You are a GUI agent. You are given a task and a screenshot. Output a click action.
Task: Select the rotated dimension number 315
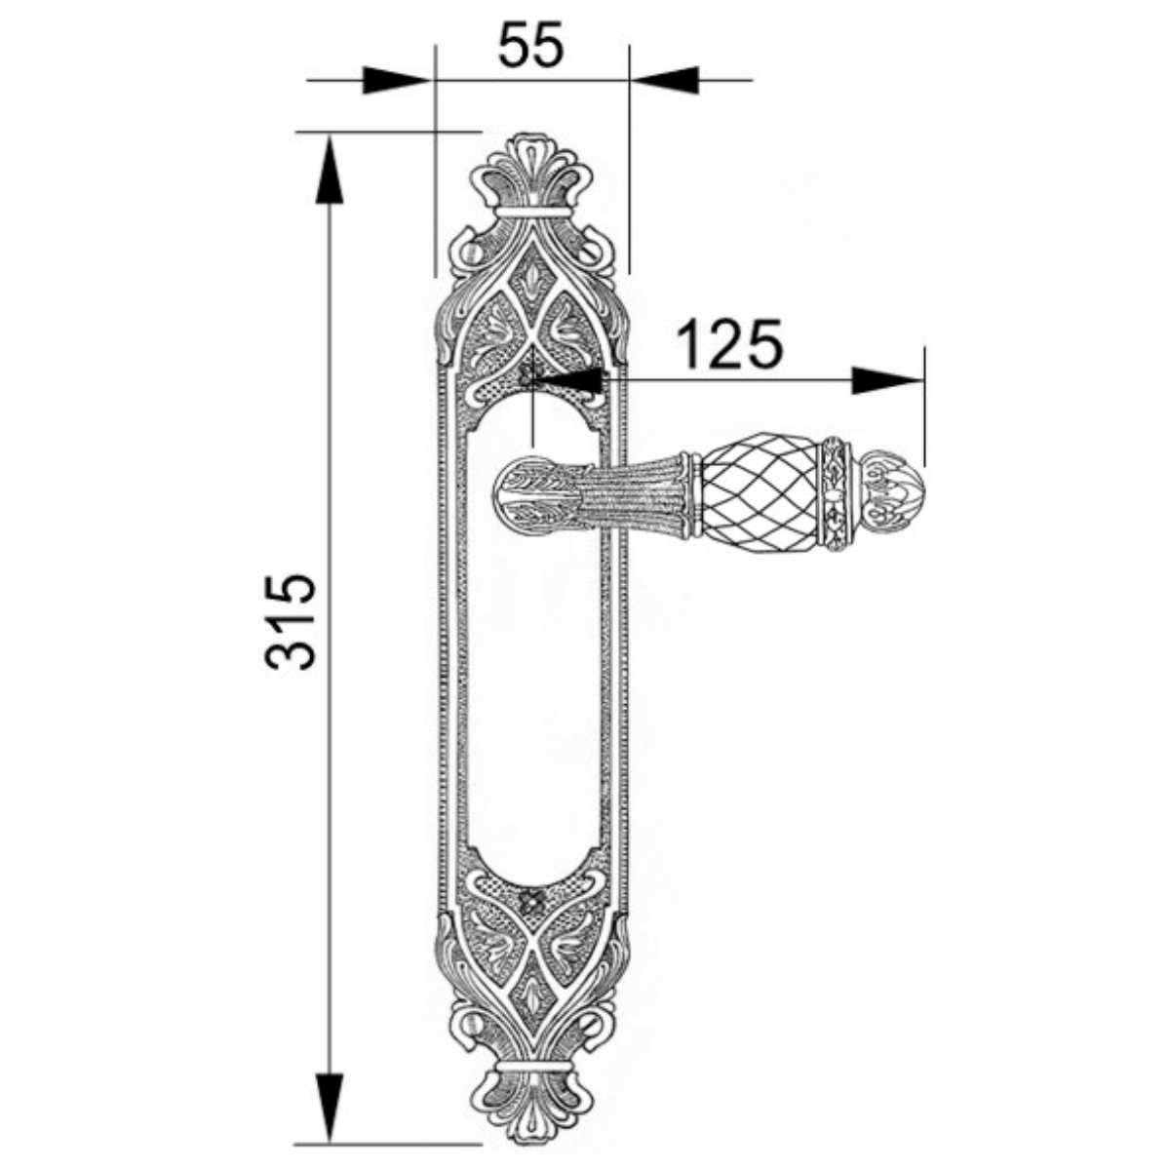291,621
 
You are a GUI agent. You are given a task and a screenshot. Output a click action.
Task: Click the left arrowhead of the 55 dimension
397,80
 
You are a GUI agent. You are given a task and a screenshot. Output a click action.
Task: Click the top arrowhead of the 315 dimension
330,170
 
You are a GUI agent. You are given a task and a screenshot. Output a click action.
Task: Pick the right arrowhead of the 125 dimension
887,380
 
